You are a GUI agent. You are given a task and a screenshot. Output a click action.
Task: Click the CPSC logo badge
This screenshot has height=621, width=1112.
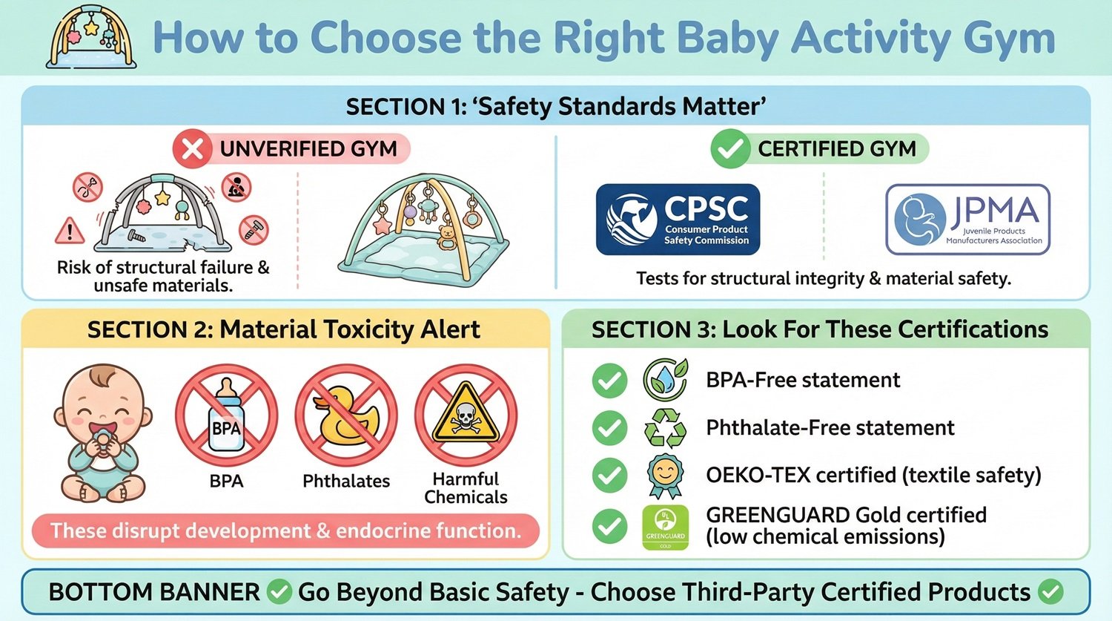tap(678, 220)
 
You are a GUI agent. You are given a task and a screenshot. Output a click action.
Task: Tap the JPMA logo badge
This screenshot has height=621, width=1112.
tap(967, 220)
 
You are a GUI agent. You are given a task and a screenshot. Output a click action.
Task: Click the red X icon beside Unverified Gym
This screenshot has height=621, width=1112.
tap(192, 149)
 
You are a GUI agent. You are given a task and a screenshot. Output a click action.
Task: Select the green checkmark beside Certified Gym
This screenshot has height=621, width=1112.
tap(729, 149)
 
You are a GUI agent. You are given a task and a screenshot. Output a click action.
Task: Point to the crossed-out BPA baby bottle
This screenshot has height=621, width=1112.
tap(226, 415)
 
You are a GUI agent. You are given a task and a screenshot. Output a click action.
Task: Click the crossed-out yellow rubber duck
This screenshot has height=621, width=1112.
tap(346, 415)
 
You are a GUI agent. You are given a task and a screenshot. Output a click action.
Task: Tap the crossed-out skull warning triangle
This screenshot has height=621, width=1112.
tap(466, 415)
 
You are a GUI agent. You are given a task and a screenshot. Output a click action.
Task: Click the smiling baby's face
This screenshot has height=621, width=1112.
tap(103, 404)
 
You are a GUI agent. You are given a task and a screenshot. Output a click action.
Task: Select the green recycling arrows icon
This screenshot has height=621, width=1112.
tap(664, 428)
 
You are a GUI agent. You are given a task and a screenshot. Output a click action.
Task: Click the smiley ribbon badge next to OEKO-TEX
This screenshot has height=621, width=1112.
tap(664, 475)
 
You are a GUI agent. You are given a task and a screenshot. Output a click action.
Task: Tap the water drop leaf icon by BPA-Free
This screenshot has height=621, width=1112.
tap(664, 379)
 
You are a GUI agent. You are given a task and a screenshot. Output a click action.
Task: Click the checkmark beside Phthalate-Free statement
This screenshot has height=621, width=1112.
tap(609, 428)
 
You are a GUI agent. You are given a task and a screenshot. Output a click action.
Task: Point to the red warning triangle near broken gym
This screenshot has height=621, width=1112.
tap(70, 231)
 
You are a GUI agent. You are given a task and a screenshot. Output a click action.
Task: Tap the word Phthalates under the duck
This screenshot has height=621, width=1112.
tap(346, 481)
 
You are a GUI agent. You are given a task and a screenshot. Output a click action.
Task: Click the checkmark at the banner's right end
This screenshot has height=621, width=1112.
tap(1050, 591)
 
